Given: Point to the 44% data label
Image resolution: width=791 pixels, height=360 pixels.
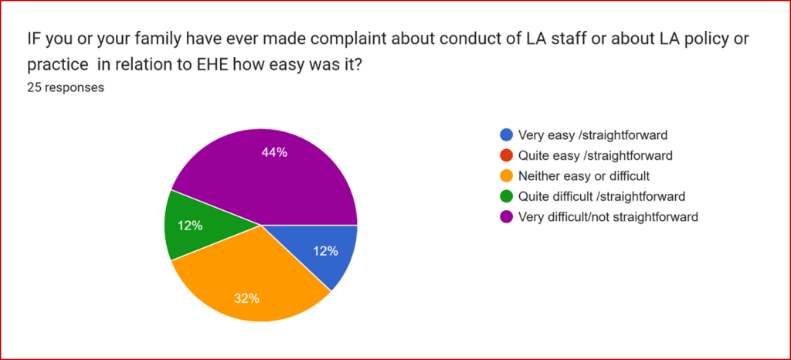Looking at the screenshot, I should [x=274, y=152].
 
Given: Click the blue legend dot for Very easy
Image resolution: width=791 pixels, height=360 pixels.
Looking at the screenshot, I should [x=506, y=134].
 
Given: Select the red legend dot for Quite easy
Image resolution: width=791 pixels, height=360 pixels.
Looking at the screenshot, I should [x=506, y=155].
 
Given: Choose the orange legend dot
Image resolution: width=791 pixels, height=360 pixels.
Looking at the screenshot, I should [x=506, y=176].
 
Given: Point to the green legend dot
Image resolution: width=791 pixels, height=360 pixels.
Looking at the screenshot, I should [x=506, y=196].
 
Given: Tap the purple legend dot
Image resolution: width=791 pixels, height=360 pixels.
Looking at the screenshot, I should [x=506, y=217].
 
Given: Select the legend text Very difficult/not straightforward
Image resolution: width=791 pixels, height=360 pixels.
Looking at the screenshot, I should [x=609, y=217].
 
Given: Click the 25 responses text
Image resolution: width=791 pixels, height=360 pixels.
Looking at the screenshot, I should [x=66, y=87].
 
